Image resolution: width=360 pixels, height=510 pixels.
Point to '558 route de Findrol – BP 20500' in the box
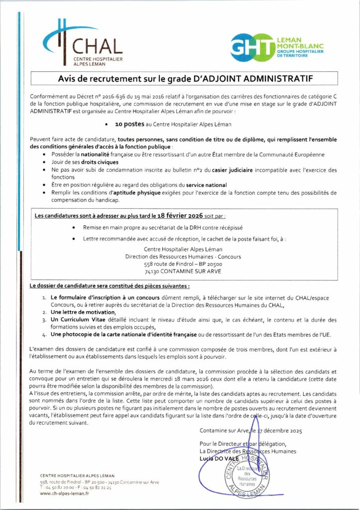(183, 265)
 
